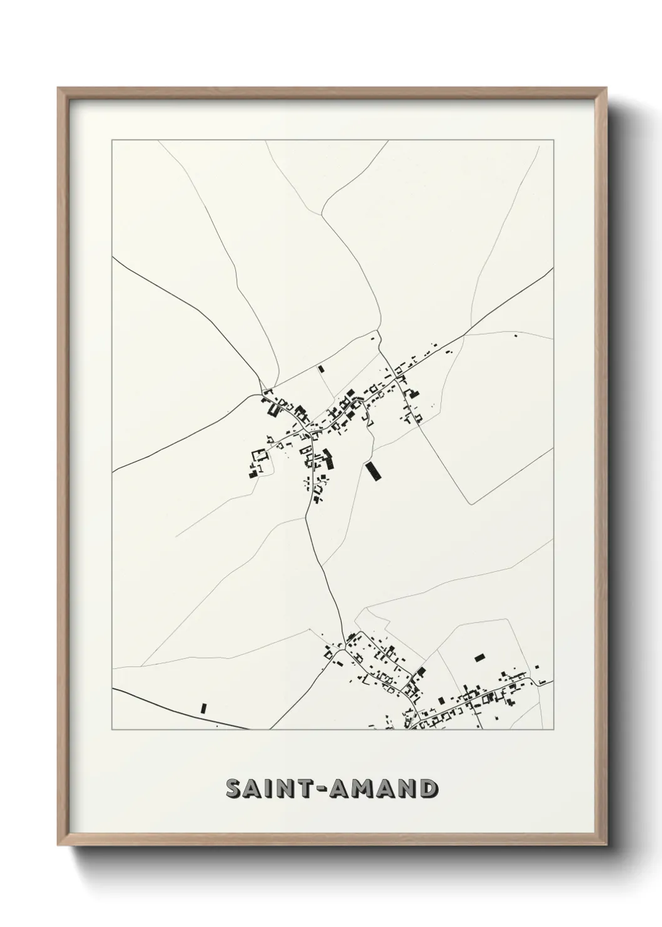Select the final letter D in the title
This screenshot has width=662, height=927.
pyautogui.click(x=427, y=789)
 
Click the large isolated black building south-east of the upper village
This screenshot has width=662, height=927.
pyautogui.click(x=374, y=471)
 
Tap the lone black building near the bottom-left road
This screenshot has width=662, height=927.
pyautogui.click(x=203, y=708)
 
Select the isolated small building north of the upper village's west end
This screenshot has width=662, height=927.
pyautogui.click(x=321, y=369)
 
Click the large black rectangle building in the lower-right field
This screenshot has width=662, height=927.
pyautogui.click(x=480, y=658)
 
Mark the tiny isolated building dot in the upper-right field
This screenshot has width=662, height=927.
pyautogui.click(x=516, y=336)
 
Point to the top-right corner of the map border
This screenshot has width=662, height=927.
pyautogui.click(x=553, y=141)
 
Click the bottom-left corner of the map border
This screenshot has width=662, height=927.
pyautogui.click(x=112, y=730)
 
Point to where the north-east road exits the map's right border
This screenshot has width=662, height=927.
pyautogui.click(x=553, y=268)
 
